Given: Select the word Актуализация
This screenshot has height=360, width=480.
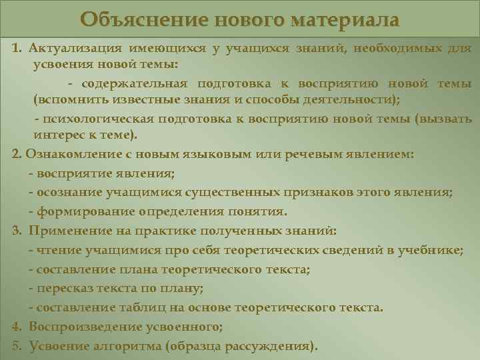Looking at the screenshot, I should coord(74,49).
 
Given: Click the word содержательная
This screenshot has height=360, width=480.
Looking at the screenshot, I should coord(134,83).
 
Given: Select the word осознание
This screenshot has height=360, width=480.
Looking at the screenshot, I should coord(68,193).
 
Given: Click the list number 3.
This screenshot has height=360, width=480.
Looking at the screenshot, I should coord(16,231).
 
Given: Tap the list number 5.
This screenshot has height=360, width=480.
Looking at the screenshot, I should coord(16,347).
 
